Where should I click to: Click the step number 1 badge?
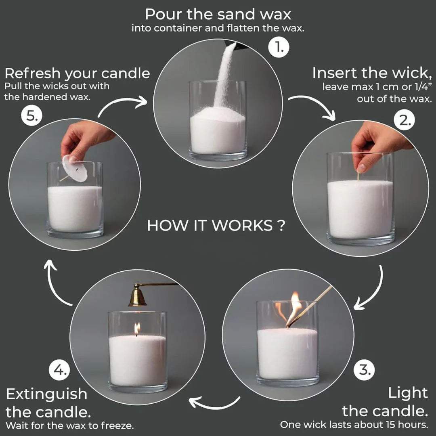click(279, 48)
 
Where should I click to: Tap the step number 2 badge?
click(404, 120)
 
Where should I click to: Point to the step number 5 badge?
click(31, 117)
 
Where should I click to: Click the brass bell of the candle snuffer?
click(137, 296)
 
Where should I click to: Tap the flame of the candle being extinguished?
click(137, 328)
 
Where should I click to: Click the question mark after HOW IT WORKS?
click(281, 225)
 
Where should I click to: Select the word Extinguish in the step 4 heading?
click(46, 394)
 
